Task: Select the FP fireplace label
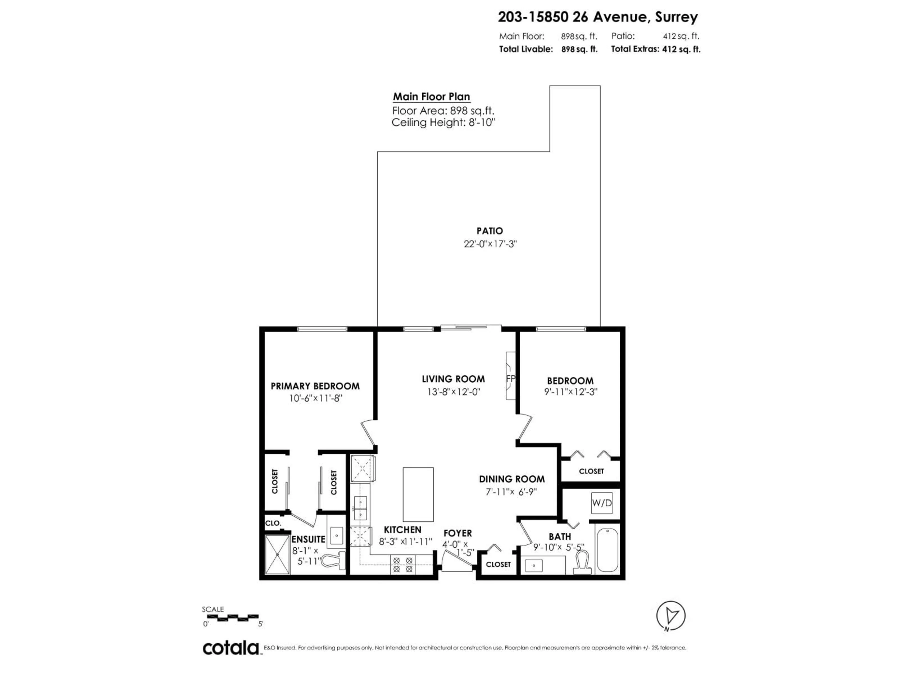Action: click(x=510, y=378)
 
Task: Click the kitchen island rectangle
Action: click(x=418, y=495)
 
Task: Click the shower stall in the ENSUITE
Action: click(x=277, y=555)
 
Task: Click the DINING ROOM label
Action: click(x=512, y=479)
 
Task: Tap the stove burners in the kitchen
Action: click(x=402, y=565)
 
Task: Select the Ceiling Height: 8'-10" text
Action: click(x=443, y=123)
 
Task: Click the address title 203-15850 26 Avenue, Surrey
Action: click(x=598, y=17)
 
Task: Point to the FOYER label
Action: click(x=458, y=533)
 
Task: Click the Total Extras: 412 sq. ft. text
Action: click(x=656, y=49)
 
